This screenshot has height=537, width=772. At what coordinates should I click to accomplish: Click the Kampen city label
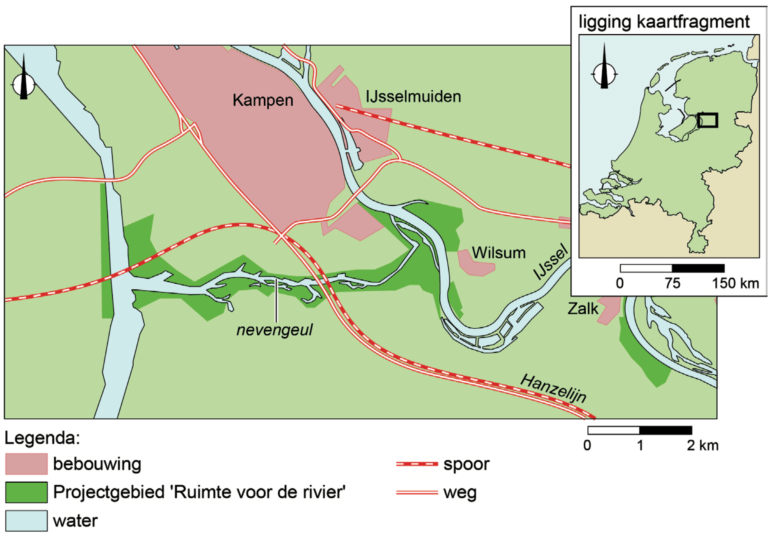(x=262, y=100)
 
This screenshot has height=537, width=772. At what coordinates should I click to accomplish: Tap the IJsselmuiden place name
(x=413, y=97)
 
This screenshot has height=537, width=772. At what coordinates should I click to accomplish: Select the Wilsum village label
(x=499, y=253)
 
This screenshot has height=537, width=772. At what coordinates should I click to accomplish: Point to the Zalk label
(x=582, y=309)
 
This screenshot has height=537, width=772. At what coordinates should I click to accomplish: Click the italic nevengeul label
(x=274, y=330)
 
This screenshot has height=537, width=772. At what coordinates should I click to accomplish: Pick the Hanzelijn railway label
(x=553, y=388)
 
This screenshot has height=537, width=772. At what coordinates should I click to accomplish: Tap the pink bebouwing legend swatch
(x=26, y=464)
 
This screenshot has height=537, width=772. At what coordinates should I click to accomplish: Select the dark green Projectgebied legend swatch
(x=26, y=492)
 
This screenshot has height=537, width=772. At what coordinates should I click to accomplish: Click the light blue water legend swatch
(x=26, y=520)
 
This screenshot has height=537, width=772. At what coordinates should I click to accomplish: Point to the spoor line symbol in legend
(x=417, y=464)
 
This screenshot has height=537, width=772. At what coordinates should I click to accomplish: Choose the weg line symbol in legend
(x=417, y=492)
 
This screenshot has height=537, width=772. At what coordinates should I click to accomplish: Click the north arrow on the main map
(x=23, y=81)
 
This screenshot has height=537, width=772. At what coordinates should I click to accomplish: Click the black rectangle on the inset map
(x=708, y=120)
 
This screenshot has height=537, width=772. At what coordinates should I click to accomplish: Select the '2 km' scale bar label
(x=702, y=445)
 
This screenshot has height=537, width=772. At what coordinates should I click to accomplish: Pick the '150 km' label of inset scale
(x=735, y=283)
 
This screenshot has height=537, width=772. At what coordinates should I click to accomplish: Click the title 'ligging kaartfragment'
(x=664, y=21)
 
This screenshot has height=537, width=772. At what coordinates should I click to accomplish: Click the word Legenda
(x=42, y=438)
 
